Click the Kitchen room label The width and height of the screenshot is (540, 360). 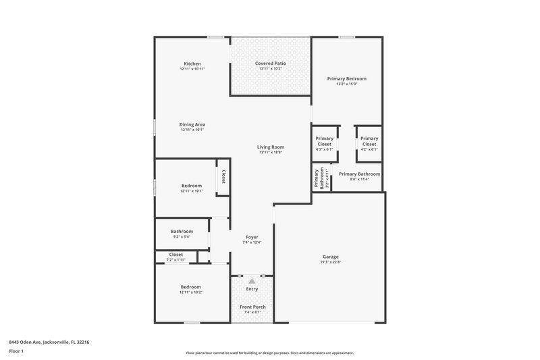(x=192, y=63)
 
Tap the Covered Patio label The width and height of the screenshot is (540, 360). (x=270, y=63)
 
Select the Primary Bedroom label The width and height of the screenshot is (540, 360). (x=346, y=79)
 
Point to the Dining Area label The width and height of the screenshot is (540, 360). (x=192, y=124)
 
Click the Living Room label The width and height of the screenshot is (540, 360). (x=270, y=147)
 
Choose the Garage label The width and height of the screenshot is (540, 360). (x=330, y=257)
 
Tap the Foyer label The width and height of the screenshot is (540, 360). (x=251, y=237)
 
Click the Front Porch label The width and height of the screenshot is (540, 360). (x=252, y=307)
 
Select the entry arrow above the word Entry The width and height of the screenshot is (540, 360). (x=252, y=280)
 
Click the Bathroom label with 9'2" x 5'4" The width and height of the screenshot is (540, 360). (x=182, y=232)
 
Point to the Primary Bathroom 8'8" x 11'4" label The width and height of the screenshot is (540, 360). (x=359, y=174)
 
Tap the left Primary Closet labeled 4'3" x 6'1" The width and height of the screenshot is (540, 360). (x=324, y=141)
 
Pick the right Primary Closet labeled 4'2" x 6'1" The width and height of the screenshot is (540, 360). (x=369, y=141)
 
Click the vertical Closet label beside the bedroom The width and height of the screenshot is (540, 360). (x=223, y=177)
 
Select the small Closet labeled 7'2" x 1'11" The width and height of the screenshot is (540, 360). (x=175, y=255)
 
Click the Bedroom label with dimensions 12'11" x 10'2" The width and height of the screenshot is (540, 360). (x=192, y=287)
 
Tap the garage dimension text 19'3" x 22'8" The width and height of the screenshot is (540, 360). (x=330, y=262)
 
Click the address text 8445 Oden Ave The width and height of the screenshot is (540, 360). (x=49, y=342)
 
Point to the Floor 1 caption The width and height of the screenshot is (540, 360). (x=17, y=351)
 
